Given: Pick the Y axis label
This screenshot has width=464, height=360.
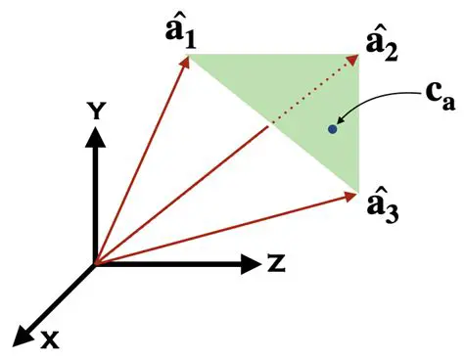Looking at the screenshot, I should point(95,112).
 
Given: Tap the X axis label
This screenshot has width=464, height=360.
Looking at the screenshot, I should point(48,338).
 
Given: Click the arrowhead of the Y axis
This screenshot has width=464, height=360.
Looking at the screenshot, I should point(94,137).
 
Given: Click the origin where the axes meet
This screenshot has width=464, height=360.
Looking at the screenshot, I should point(94,263).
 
